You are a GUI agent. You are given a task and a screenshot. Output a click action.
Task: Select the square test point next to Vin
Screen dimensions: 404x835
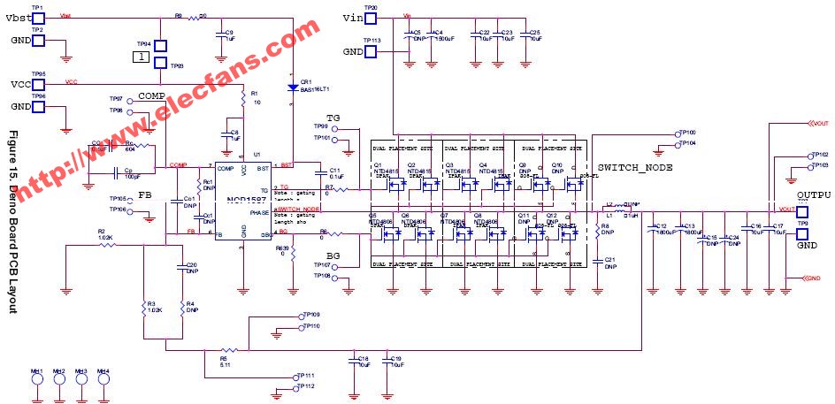[x=372, y=19]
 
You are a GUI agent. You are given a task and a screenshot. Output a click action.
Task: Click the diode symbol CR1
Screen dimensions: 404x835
[x=292, y=88]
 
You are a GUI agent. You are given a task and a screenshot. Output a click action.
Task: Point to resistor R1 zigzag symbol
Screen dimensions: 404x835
[x=243, y=102]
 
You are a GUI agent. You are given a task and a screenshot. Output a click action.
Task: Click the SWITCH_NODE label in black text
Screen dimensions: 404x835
[x=634, y=167]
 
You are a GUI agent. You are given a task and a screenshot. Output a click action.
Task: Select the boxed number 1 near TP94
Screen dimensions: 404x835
[x=139, y=57]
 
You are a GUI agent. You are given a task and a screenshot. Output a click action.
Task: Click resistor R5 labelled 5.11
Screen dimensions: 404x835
[x=226, y=350]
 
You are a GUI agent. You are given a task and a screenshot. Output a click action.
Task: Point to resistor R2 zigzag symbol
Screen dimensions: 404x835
[x=107, y=244]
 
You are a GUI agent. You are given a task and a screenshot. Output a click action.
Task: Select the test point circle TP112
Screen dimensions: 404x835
[x=293, y=387]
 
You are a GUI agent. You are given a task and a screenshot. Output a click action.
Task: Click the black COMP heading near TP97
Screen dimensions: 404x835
[x=151, y=95]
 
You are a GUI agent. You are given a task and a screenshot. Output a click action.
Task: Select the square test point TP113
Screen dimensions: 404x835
[x=372, y=51]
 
